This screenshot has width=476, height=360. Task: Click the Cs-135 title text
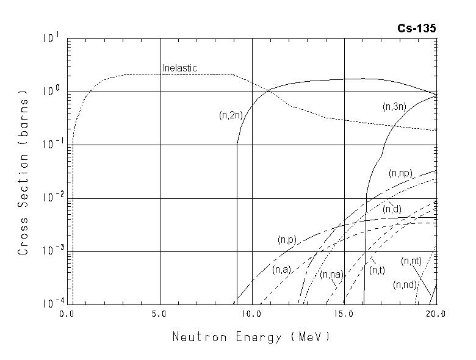coord(418,29)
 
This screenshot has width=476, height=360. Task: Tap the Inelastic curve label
coord(179,68)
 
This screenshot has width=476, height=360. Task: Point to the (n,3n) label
coord(395,106)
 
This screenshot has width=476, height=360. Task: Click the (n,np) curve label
coord(401,173)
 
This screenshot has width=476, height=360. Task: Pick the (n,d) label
coord(392,209)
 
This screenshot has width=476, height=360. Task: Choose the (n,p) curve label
coord(286,240)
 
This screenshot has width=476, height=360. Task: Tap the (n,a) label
coord(281,269)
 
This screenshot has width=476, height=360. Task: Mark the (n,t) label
coord(377,269)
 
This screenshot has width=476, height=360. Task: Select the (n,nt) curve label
coord(411,261)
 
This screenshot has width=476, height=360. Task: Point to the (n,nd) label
coord(405,284)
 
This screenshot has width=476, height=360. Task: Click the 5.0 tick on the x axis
coord(160,314)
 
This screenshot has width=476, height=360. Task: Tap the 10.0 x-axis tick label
coord(252,314)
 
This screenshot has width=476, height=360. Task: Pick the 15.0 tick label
coord(345,314)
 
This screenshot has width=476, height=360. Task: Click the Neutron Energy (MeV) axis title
coord(251,337)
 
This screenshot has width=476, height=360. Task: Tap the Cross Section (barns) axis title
coord(23,172)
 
